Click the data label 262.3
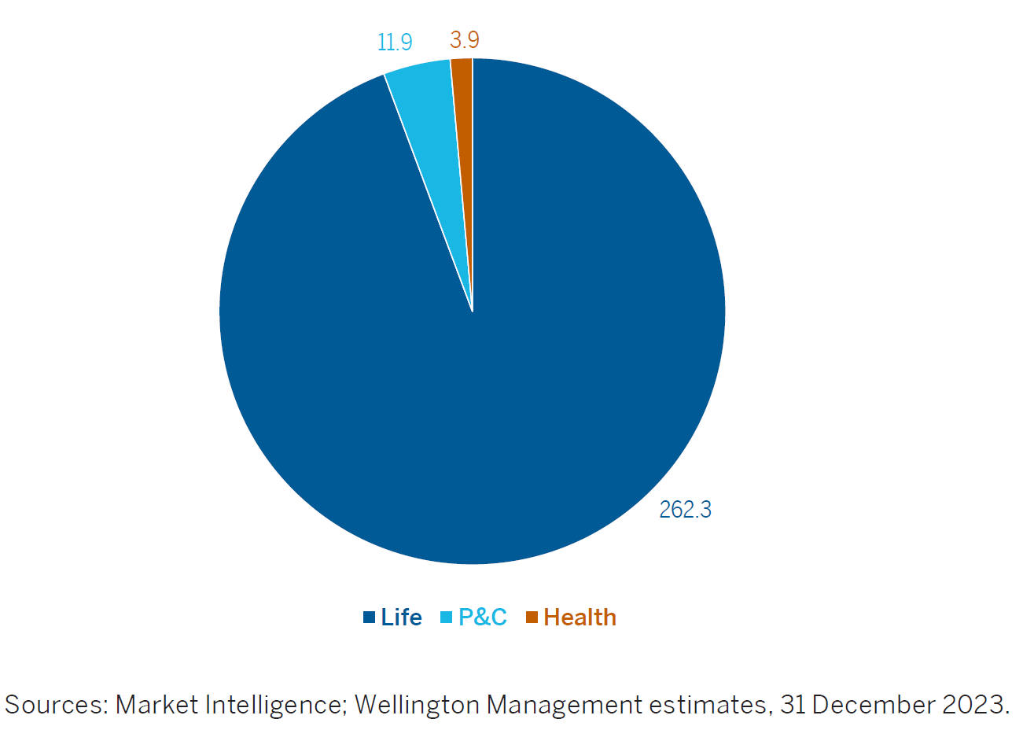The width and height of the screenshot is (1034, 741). (685, 510)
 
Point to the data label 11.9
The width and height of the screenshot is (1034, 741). (395, 42)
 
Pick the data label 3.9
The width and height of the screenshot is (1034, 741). (465, 39)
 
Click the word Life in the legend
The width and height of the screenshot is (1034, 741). (401, 617)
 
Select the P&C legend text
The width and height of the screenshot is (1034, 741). (483, 617)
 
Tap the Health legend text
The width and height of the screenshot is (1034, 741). (580, 617)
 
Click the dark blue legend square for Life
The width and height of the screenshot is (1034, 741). (369, 617)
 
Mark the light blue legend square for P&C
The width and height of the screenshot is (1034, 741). (446, 617)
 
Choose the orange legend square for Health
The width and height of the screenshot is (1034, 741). (532, 617)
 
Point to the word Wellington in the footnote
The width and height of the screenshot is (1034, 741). (417, 705)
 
